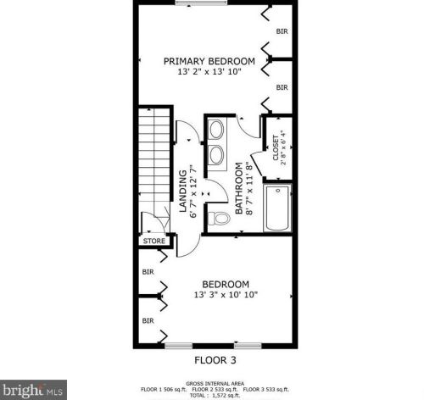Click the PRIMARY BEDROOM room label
209,61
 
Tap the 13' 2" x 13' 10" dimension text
209,73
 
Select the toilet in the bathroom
220,219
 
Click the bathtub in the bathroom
278,209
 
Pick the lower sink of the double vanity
217,153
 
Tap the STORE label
153,242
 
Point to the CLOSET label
276,151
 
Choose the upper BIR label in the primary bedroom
282,31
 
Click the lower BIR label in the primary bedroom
282,87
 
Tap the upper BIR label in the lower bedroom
148,272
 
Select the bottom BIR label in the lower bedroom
148,320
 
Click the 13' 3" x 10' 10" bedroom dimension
225,296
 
